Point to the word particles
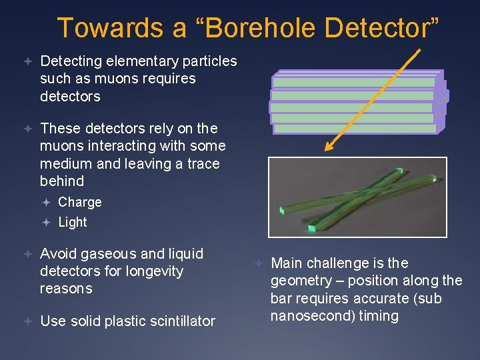pyautogui.click(x=208, y=61)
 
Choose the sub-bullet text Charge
pyautogui.click(x=80, y=202)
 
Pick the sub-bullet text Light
pyautogui.click(x=73, y=222)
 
